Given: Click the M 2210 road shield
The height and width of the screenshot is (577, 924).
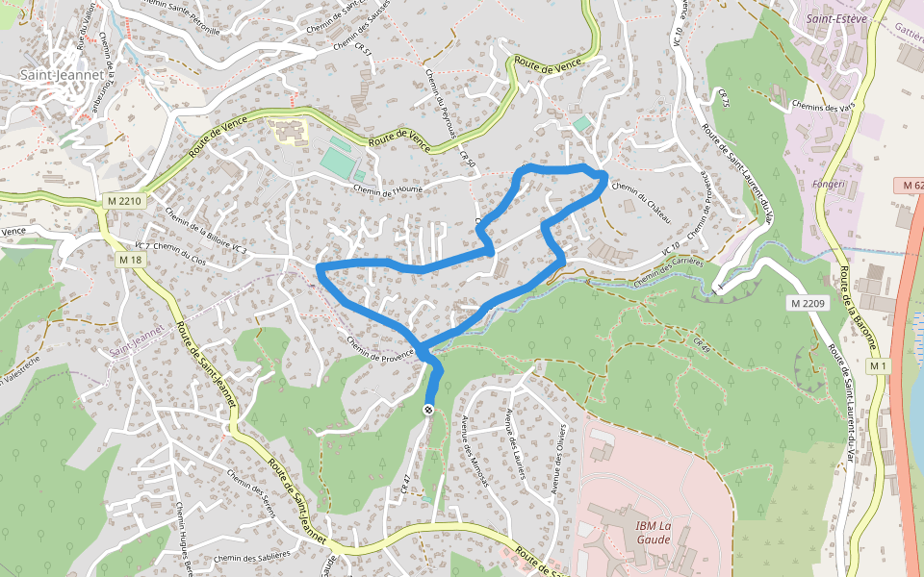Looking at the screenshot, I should tap(124, 201).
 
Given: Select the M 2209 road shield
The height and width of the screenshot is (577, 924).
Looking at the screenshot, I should tap(808, 304).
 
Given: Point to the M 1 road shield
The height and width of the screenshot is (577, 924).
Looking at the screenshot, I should tap(877, 366).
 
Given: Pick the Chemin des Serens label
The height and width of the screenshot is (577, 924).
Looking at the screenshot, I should tap(250, 491).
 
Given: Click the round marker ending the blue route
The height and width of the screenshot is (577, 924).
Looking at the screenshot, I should tap(427, 411).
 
